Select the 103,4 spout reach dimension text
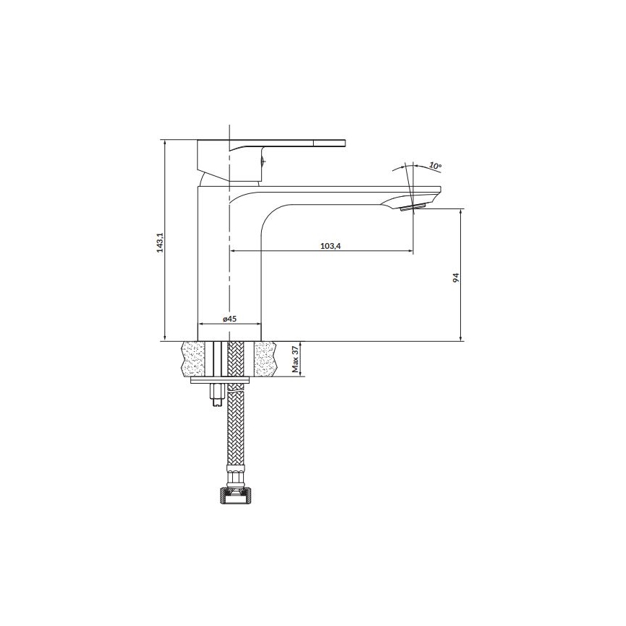coord(330,246)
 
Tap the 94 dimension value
coord(456,278)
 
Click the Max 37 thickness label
coord(296,359)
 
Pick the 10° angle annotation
coord(434,166)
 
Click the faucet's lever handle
coord(288,144)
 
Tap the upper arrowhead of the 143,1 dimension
coord(165,144)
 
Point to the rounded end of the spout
coord(436,193)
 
